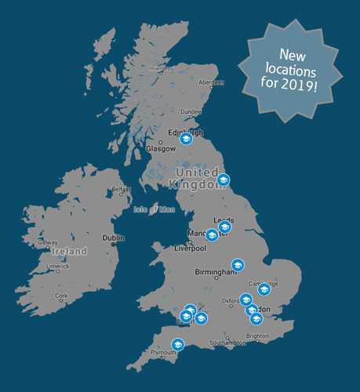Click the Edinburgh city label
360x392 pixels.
[185, 132]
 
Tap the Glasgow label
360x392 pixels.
[160, 148]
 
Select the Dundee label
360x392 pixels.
[191, 112]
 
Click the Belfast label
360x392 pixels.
[122, 189]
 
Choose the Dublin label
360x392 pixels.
[113, 238]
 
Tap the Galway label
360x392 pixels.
[48, 243]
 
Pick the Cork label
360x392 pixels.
[61, 296]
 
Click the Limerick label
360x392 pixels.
[57, 267]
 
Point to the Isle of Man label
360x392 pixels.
[152, 209]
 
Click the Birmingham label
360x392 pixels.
[215, 272]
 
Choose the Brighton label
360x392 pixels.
[257, 336]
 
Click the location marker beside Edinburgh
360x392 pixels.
[186, 140]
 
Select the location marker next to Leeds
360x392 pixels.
[224, 227]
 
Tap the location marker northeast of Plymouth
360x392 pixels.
[178, 343]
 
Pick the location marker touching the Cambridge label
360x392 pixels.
[264, 289]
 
